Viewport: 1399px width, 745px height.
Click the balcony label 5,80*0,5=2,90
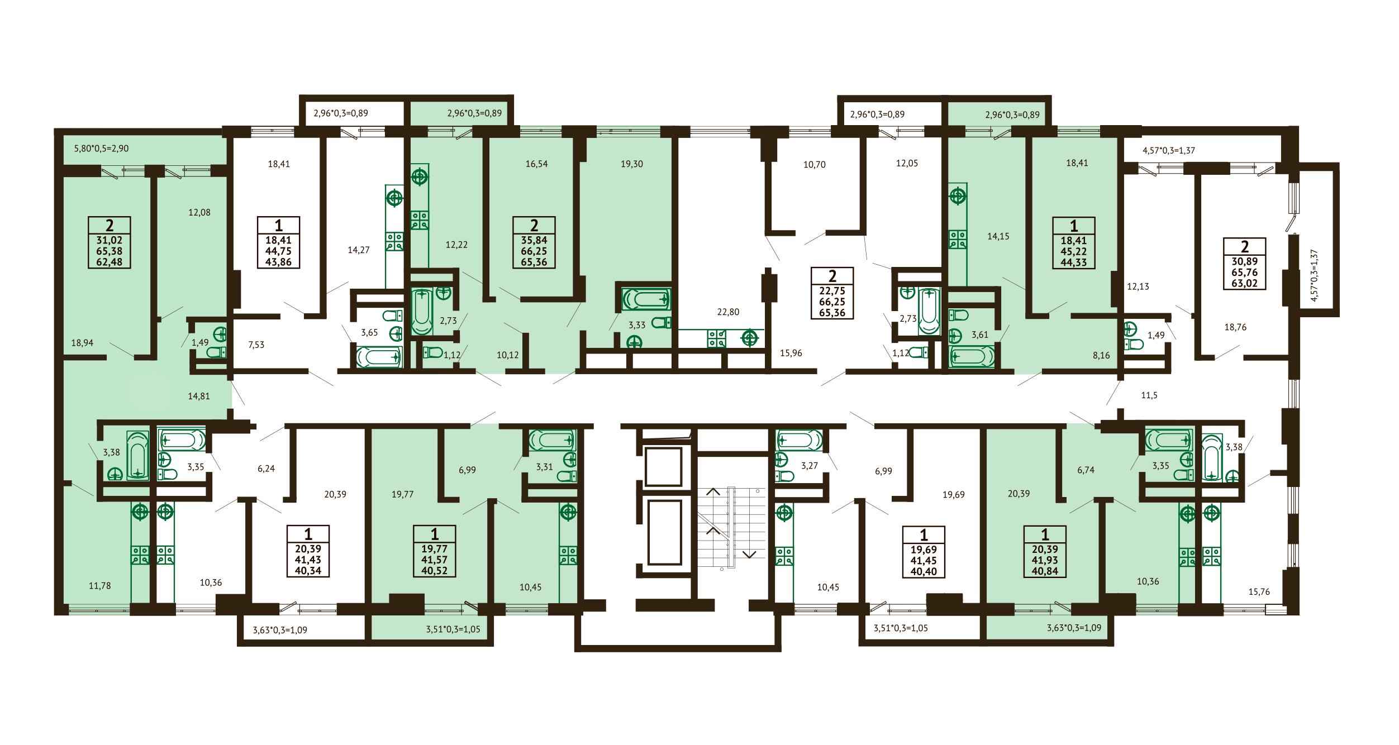click(x=101, y=149)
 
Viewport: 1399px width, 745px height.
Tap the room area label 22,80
click(x=728, y=312)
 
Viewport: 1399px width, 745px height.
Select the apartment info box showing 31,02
click(x=110, y=242)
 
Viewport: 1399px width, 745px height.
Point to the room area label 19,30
click(x=631, y=164)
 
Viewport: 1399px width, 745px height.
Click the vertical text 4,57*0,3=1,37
click(x=1314, y=275)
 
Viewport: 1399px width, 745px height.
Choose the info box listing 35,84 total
click(x=534, y=242)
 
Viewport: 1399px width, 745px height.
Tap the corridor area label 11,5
click(x=1149, y=395)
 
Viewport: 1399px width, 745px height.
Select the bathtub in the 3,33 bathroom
click(x=646, y=300)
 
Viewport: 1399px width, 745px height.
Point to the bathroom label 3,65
click(x=369, y=333)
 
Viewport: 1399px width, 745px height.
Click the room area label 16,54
click(x=536, y=164)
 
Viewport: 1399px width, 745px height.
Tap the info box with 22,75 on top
click(x=832, y=293)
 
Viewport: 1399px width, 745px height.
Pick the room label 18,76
click(x=1235, y=327)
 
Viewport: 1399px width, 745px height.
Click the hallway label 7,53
click(x=256, y=345)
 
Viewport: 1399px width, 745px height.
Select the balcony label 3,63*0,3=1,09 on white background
click(x=280, y=630)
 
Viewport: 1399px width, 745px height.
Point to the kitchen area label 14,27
click(x=359, y=250)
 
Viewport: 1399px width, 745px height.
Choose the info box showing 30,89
click(x=1244, y=264)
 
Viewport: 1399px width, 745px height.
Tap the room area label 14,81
click(x=199, y=397)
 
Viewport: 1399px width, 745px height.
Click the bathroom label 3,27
click(x=810, y=466)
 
